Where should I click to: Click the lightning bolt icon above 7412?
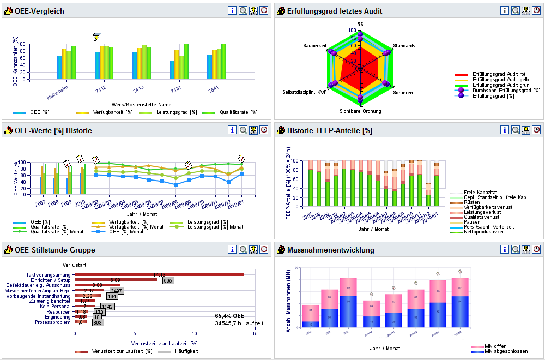point(96,37)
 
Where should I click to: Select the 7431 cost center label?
point(175,88)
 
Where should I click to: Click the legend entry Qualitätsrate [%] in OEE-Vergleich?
point(238,112)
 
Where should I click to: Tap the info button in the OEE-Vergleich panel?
point(232,10)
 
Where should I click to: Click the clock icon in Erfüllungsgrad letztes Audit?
point(536,10)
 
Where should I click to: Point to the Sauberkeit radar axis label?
point(314,46)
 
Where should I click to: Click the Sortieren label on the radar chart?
point(403,93)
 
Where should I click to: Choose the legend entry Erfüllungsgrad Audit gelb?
point(499,79)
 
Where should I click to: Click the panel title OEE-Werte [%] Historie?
point(53,130)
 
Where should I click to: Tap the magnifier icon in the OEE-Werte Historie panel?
point(243,130)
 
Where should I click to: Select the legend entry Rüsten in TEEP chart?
point(471,202)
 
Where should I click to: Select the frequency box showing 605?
point(168,280)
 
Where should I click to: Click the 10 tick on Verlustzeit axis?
point(195,334)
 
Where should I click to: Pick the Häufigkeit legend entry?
point(185,351)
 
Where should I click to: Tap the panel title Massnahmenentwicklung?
point(330,250)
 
